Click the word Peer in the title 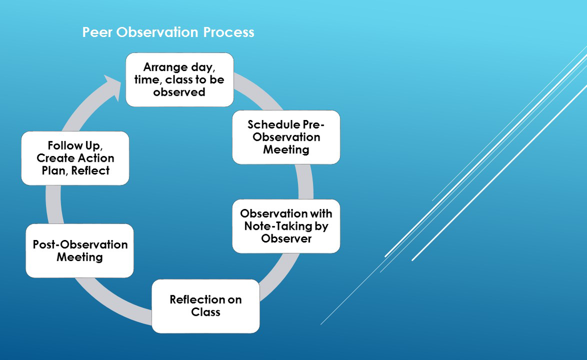click(97, 32)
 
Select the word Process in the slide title click(229, 32)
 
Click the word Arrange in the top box click(165, 67)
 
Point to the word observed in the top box click(179, 92)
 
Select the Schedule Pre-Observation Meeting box click(286, 137)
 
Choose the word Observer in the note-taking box click(286, 238)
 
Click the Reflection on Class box click(205, 306)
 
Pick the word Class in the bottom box click(205, 312)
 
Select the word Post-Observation click(80, 245)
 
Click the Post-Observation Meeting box click(80, 251)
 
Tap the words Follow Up click(75, 145)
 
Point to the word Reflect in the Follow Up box click(90, 170)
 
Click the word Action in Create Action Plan click(96, 158)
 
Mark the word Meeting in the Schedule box click(286, 149)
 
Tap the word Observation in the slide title click(157, 32)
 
